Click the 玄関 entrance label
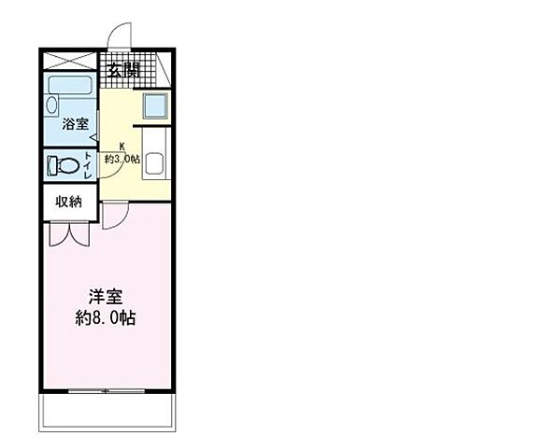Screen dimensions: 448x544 click(x=122, y=70)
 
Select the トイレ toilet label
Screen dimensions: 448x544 click(x=89, y=165)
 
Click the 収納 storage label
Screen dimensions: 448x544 click(x=68, y=201)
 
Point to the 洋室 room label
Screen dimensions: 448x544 click(x=105, y=297)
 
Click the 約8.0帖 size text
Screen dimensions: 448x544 click(x=105, y=318)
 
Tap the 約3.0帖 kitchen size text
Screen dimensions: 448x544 click(x=122, y=159)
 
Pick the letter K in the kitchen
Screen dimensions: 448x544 click(x=122, y=147)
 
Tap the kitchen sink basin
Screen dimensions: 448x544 click(x=155, y=162)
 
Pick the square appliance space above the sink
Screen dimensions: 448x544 click(x=155, y=106)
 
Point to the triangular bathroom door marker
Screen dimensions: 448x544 click(x=93, y=141)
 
